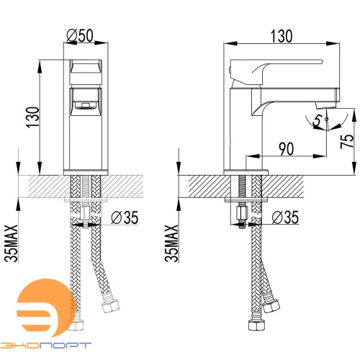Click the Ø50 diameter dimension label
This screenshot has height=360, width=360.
coord(80,36)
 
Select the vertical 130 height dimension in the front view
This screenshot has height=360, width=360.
coord(32,117)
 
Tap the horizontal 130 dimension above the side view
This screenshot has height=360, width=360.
coord(282,36)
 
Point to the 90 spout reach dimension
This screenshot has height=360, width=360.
coord(287,149)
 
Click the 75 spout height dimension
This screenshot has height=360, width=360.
coord(347,140)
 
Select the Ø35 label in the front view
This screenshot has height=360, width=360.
coord(125,217)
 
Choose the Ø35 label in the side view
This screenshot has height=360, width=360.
coord(285,217)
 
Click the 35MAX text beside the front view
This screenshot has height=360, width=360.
coord(11,243)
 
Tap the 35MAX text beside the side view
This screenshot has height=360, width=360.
coord(172,243)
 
